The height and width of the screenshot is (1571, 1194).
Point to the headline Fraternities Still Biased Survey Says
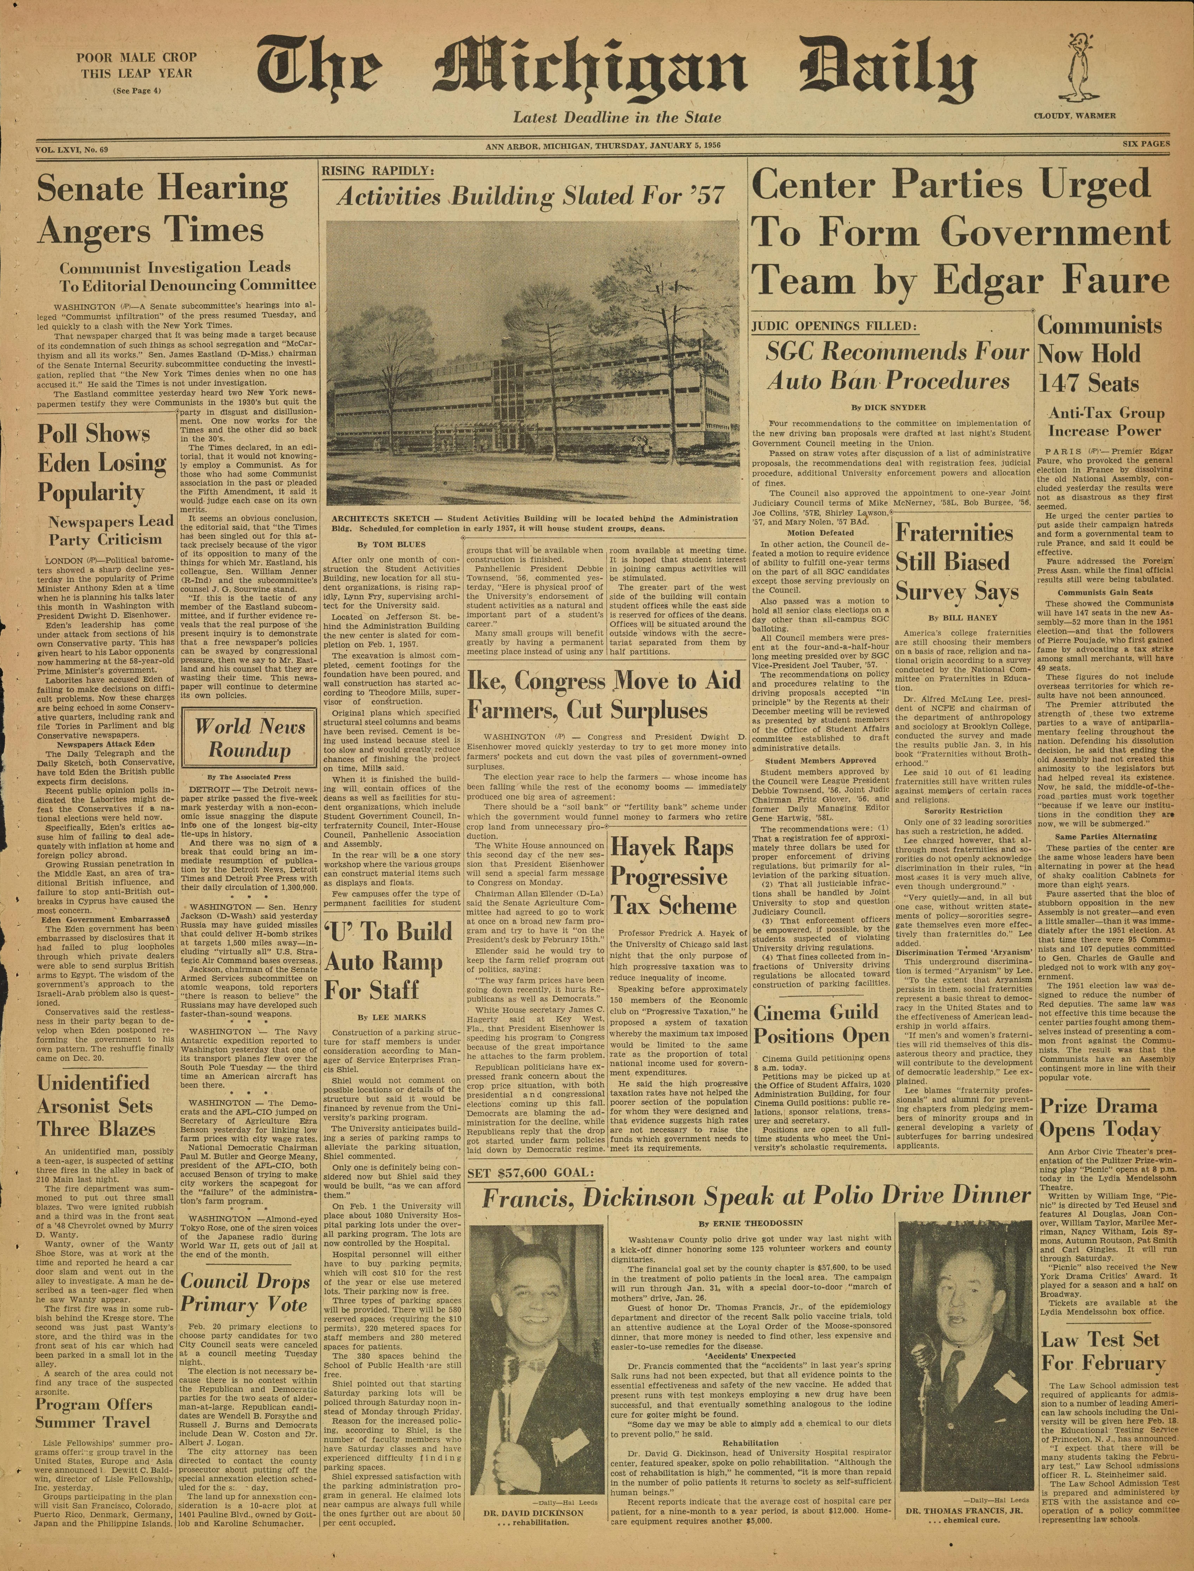[957, 562]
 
